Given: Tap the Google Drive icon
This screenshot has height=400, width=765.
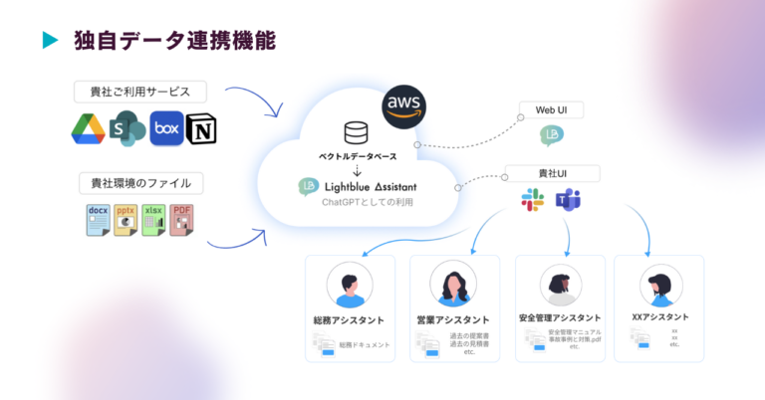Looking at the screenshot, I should pos(90,128).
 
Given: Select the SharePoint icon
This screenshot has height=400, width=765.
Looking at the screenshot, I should pos(127,128).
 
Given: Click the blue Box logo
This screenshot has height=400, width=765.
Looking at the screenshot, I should pos(166,128).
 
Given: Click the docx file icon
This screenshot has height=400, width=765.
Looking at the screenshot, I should pos(97,220).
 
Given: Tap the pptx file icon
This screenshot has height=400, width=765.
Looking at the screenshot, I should pos(126,220).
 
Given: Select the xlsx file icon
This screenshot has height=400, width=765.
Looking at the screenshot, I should pos(153,220).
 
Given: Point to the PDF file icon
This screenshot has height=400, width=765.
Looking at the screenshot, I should pos(181,220).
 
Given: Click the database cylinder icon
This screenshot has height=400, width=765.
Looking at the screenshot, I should pos(355,132).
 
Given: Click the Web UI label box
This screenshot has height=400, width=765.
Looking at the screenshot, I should pos(551,109).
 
